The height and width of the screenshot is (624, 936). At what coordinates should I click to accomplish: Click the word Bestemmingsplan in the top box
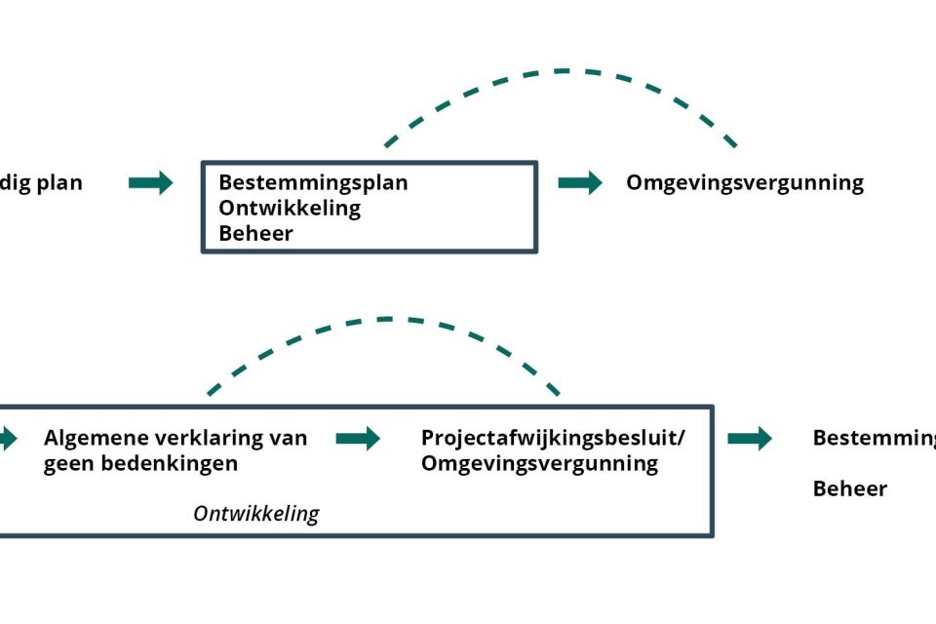click(x=313, y=182)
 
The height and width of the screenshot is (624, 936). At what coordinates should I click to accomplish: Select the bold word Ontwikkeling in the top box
click(x=290, y=208)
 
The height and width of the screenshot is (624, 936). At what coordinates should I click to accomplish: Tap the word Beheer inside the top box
click(x=255, y=233)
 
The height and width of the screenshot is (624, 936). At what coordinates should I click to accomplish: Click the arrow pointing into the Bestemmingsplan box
click(x=150, y=182)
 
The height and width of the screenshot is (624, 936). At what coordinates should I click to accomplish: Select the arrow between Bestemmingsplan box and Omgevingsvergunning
click(x=580, y=182)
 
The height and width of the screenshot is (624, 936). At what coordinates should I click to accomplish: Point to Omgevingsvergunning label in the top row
click(x=745, y=183)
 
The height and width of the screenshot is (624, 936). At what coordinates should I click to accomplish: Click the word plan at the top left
click(x=59, y=183)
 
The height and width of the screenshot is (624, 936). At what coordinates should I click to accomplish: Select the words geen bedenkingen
click(x=140, y=463)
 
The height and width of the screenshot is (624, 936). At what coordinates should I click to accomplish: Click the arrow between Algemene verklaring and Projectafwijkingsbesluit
click(x=358, y=439)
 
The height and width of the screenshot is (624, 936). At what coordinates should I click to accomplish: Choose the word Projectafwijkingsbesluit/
click(x=553, y=438)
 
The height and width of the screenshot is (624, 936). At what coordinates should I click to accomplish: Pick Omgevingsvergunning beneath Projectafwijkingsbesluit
click(x=539, y=463)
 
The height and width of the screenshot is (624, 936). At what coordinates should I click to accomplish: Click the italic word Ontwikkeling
click(x=255, y=514)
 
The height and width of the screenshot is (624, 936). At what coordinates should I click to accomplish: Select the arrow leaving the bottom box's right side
click(x=749, y=439)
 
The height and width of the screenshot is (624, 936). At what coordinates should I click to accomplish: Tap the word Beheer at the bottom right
click(x=850, y=488)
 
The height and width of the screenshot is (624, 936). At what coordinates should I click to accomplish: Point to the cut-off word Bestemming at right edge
click(x=874, y=438)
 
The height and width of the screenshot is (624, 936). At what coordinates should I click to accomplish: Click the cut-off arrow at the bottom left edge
click(x=8, y=439)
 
